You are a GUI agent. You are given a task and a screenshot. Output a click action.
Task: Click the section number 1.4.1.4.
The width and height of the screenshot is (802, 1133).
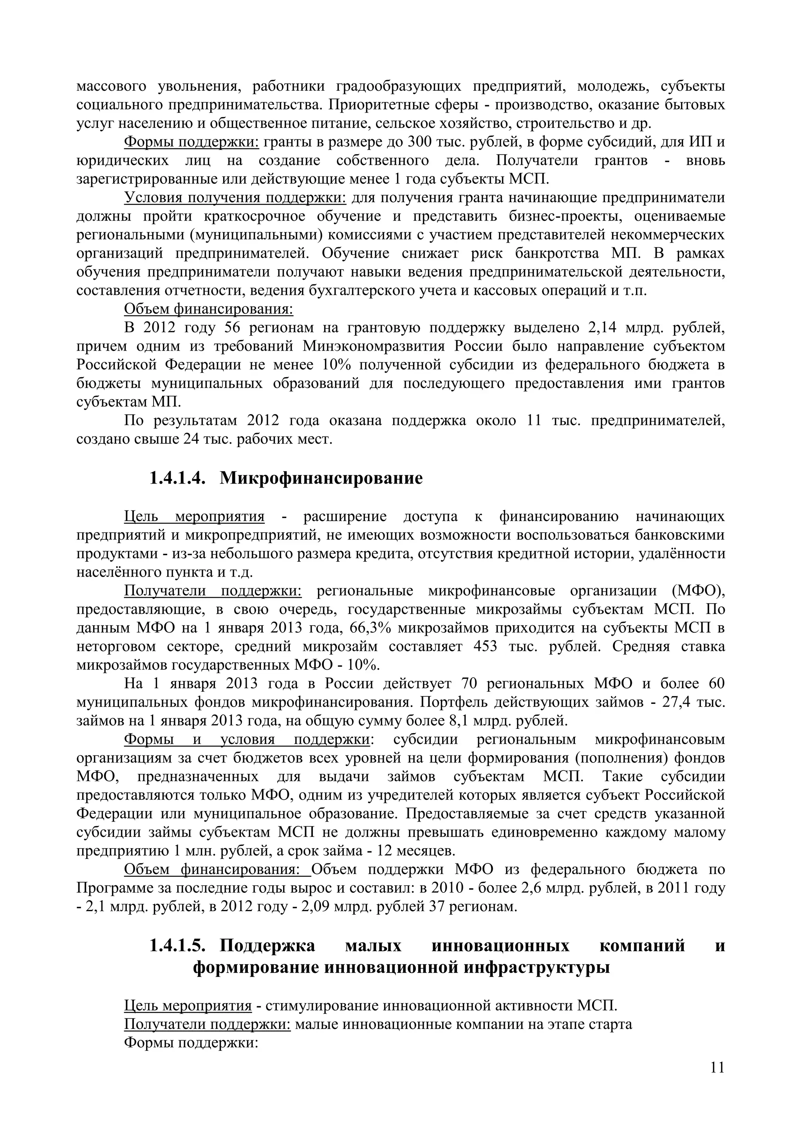tap(177, 478)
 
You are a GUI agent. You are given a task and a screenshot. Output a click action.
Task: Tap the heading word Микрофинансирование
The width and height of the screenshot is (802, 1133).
tap(321, 478)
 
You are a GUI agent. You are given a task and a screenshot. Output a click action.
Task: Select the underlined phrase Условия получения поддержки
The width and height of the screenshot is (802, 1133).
tap(235, 198)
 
